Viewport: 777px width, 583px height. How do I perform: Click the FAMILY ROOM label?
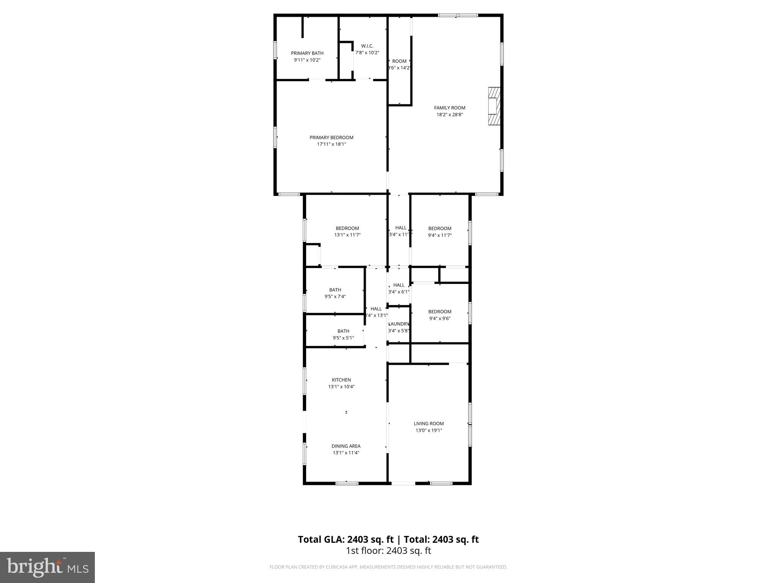click(x=450, y=108)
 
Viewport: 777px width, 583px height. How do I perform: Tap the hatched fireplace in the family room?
click(x=494, y=106)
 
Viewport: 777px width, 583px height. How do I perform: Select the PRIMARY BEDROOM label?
click(x=331, y=137)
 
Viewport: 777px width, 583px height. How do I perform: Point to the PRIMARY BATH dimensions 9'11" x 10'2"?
click(x=307, y=60)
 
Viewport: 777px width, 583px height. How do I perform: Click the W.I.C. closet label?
click(x=367, y=46)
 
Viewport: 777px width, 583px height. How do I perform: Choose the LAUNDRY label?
click(x=399, y=324)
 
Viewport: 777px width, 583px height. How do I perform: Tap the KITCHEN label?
click(x=341, y=380)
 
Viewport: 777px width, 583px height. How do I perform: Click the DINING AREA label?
click(x=346, y=446)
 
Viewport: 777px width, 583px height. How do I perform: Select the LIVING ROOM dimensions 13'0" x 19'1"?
click(x=429, y=430)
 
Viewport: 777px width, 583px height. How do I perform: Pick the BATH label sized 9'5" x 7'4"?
click(x=335, y=290)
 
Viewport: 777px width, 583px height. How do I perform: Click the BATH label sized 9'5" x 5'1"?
click(x=343, y=331)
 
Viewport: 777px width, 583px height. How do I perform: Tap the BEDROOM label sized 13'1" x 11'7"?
click(x=347, y=228)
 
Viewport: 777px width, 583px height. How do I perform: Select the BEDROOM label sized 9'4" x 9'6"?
click(x=440, y=312)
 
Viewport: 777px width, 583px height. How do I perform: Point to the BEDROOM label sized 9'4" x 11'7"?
click(x=440, y=228)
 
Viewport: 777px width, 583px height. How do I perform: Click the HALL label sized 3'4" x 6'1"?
click(x=399, y=285)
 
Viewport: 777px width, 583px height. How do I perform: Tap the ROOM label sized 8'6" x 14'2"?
click(x=399, y=61)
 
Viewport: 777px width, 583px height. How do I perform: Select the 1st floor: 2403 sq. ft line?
click(x=388, y=551)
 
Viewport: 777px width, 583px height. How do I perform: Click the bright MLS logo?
click(x=47, y=567)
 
